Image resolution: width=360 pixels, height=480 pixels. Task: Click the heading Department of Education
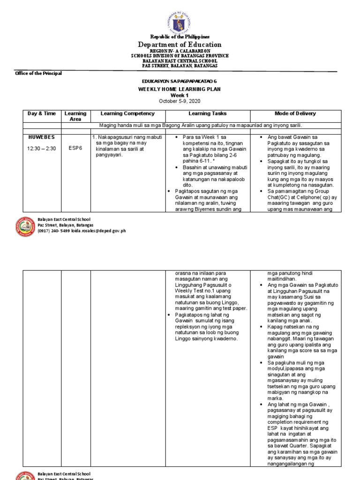click(180, 45)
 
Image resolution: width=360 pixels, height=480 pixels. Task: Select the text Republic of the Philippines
click(180, 37)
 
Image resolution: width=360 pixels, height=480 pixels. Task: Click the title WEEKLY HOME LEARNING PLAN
click(180, 89)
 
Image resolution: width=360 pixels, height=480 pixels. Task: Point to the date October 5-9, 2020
click(180, 101)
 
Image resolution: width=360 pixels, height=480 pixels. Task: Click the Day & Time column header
click(42, 113)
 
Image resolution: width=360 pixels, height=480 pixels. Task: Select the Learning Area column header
click(75, 116)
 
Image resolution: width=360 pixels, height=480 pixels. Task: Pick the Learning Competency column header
click(127, 113)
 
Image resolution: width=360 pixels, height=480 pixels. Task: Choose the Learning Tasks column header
click(208, 113)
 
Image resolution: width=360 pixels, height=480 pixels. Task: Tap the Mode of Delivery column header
click(295, 113)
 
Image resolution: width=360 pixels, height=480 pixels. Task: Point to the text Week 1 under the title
click(180, 95)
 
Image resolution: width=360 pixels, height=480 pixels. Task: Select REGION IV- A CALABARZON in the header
click(180, 51)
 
